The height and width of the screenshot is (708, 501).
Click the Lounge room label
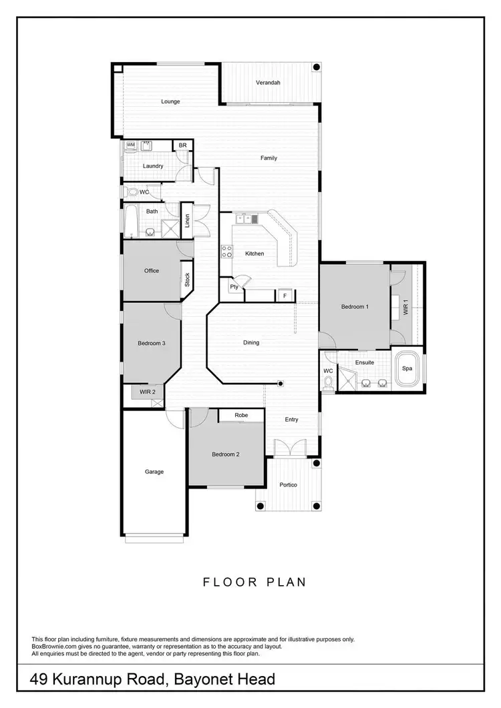coord(170,101)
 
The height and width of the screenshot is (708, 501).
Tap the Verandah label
coord(268,83)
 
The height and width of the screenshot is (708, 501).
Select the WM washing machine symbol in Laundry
coord(131,144)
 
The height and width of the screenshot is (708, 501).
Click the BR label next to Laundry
coord(182,145)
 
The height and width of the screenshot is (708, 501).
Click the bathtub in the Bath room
coord(131,221)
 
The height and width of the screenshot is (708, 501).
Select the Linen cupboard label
coord(187,220)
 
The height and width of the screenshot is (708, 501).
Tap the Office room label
coord(151,270)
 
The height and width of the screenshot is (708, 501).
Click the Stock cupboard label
coord(187,280)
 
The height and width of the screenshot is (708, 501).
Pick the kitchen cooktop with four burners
coord(227,252)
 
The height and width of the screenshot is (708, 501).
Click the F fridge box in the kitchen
coord(285,294)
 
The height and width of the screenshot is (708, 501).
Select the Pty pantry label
coord(234,287)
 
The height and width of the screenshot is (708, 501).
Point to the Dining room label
coord(251,342)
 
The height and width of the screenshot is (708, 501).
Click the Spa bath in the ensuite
coord(407,368)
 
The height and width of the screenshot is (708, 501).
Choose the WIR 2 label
coord(147,392)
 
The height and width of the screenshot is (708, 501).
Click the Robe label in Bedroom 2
coord(241,415)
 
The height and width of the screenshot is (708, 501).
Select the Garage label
coord(154,472)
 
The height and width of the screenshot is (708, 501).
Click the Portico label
coord(289,484)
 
